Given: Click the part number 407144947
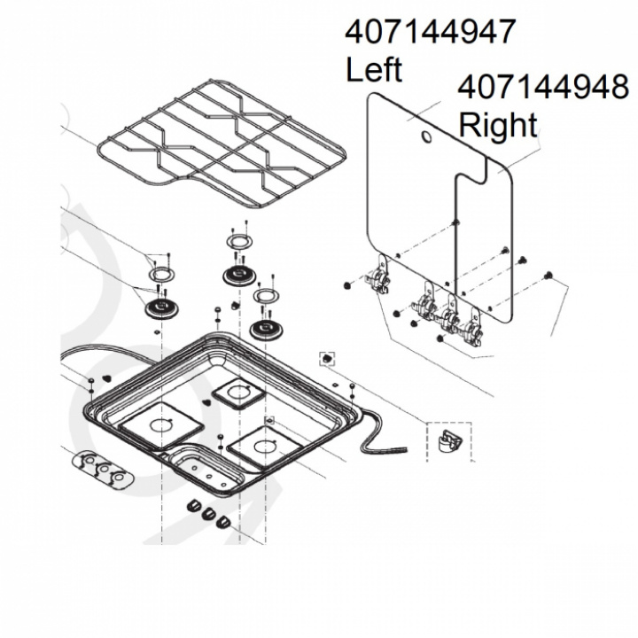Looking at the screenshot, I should point(430,32).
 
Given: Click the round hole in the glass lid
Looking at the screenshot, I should point(427,139).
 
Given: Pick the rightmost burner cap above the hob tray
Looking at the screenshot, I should point(266,329).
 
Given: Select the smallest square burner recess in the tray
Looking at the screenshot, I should point(237,392).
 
